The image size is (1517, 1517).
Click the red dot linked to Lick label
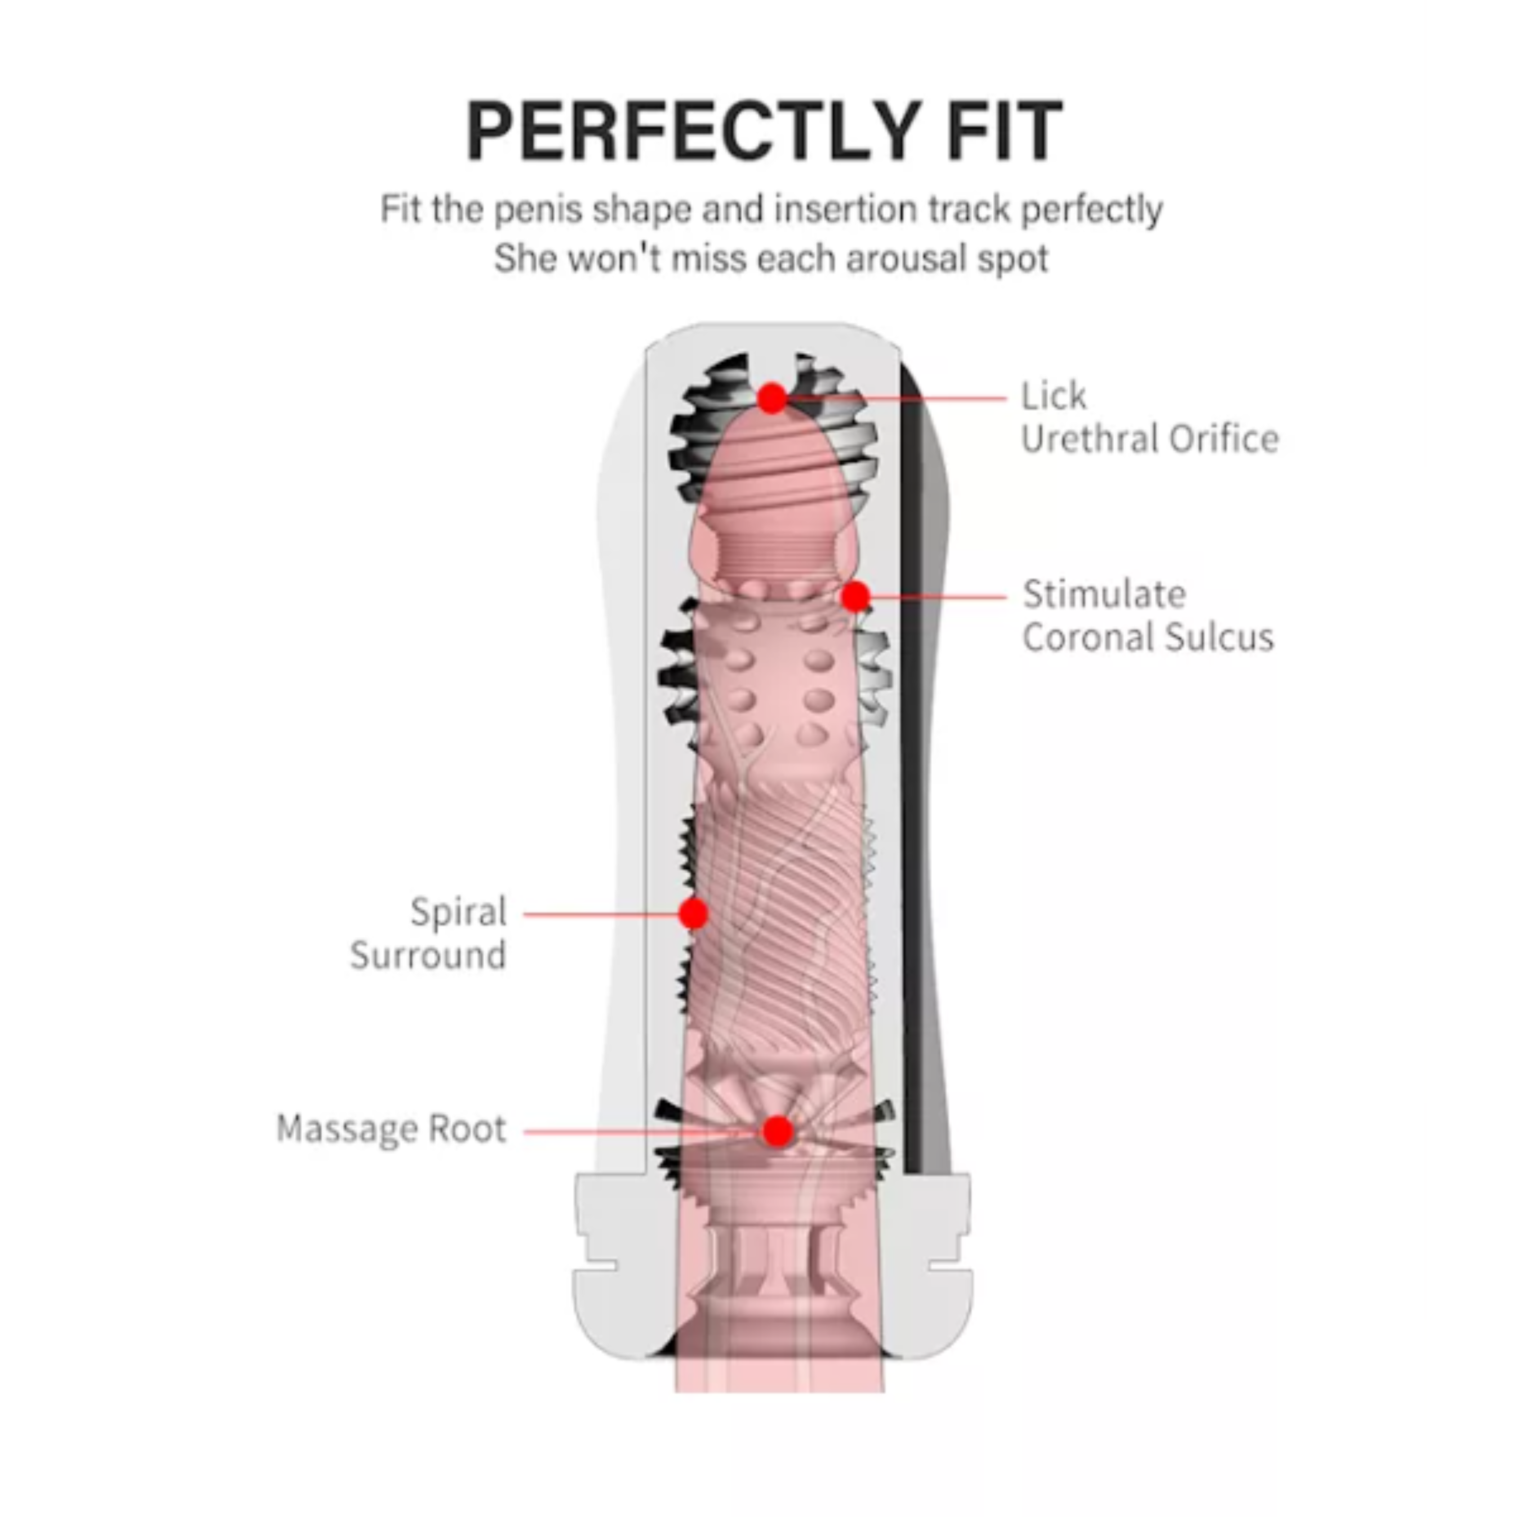pos(772,398)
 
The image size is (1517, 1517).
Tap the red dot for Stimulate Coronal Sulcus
pos(855,597)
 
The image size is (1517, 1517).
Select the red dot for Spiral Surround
pos(693,914)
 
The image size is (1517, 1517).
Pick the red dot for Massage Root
pos(777,1131)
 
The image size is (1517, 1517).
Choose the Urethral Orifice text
pos(1149,439)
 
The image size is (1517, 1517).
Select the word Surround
pos(428,956)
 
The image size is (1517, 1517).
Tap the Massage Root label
pos(391,1129)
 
